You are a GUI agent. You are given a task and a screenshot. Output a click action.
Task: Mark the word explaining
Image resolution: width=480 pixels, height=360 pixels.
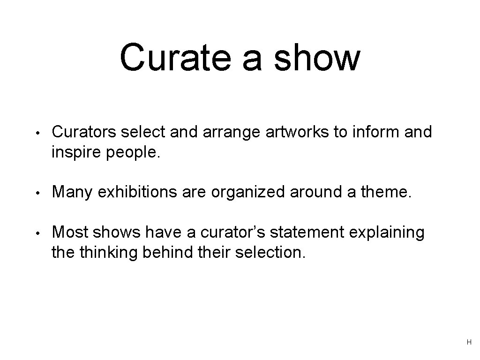(381, 232)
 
